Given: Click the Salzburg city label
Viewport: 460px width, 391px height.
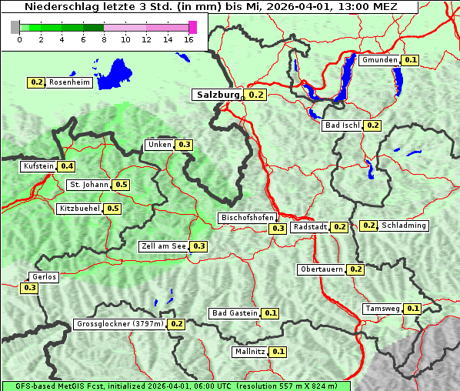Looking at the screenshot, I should point(218,95).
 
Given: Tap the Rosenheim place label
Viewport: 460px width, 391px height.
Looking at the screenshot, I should point(69,82).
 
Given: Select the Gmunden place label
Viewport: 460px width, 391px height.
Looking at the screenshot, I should point(379,60).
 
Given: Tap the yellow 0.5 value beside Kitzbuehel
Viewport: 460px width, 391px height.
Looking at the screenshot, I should point(113,209).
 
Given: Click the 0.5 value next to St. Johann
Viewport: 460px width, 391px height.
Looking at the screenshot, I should point(121,185).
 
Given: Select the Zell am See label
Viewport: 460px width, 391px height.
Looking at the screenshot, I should point(164,246).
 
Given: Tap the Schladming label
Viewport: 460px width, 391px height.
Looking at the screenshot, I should point(404,226).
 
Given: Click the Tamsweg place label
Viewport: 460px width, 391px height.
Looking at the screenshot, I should point(382,309).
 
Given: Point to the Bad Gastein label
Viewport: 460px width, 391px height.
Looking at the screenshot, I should point(235,313).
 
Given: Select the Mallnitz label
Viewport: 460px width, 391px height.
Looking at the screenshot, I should point(249,352).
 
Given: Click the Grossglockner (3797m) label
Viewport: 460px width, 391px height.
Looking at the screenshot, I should point(120,324).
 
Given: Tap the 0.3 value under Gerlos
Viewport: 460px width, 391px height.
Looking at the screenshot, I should point(29,288).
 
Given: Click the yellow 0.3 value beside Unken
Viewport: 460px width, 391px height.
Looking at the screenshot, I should point(184,145).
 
